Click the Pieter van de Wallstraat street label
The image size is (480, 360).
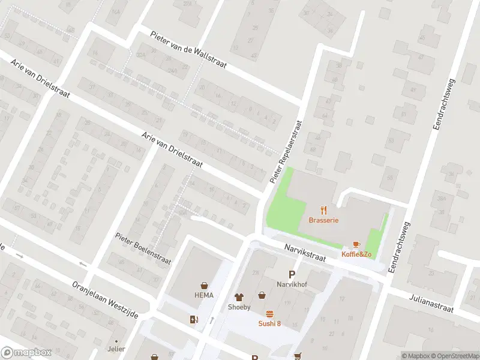pos(188,50)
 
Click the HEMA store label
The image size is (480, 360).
pos(203,295)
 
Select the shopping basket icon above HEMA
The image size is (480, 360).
pos(205,285)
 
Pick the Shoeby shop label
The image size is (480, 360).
pos(239,307)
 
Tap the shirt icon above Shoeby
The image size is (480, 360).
pos(239,296)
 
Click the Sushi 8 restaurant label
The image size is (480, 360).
pos(269,323)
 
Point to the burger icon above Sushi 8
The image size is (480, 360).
pos(269,314)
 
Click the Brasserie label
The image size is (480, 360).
pos(324,220)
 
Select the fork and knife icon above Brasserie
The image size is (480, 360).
pos(324,210)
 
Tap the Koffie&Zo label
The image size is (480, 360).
pos(356,254)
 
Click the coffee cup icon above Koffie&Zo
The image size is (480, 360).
pos(356,244)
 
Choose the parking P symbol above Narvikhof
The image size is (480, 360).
pos(292,274)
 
